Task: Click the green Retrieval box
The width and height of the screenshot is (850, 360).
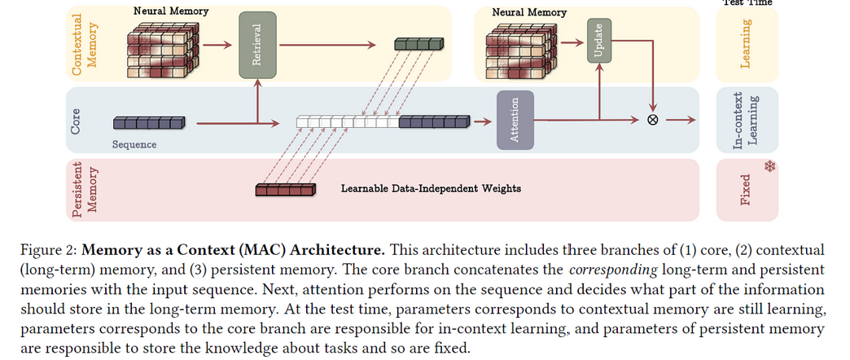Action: point(257,45)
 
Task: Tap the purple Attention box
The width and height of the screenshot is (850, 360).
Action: point(515,120)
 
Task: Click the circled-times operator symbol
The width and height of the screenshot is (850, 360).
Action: point(653,120)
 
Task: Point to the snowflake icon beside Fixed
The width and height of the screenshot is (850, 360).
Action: point(769,166)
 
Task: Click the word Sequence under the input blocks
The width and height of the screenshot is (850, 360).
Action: point(134,145)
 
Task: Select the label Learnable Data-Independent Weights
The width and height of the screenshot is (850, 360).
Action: point(431,189)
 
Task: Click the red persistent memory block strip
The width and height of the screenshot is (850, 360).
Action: point(285,189)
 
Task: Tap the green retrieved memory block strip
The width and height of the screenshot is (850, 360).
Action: point(419,43)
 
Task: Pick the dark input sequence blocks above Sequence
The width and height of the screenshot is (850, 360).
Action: point(149,122)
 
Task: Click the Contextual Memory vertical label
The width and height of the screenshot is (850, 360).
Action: point(85,43)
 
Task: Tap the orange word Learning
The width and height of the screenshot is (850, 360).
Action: point(746,44)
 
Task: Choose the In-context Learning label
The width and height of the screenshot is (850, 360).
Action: point(746,121)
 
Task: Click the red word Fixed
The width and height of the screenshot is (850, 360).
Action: point(746,190)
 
